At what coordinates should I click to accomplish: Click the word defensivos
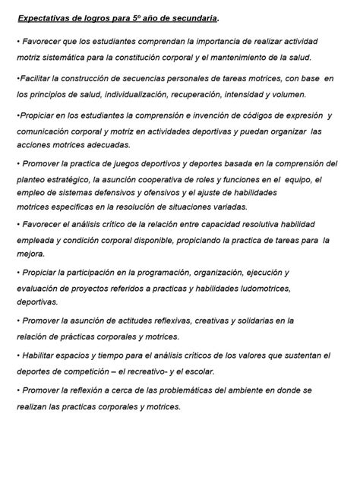click(x=145, y=193)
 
